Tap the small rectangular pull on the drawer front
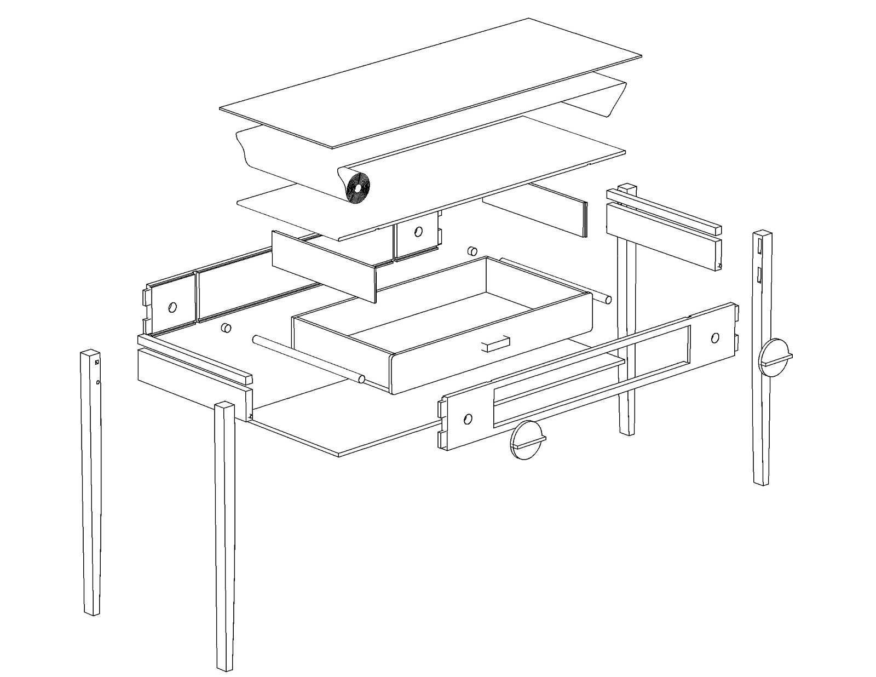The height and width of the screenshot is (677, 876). [x=495, y=343]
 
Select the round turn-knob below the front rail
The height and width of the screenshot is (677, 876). [x=526, y=439]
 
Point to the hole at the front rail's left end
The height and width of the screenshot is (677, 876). [x=468, y=419]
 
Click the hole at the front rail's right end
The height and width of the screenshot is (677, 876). [x=715, y=337]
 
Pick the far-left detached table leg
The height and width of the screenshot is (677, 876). [x=91, y=482]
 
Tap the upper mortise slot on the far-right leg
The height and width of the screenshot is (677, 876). [x=760, y=245]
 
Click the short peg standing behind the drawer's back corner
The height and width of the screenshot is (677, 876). [x=470, y=251]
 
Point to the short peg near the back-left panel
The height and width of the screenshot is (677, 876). [x=225, y=328]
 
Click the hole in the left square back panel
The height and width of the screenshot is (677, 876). [x=172, y=307]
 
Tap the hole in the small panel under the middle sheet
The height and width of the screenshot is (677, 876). [x=418, y=232]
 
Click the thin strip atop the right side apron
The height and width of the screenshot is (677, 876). [x=665, y=211]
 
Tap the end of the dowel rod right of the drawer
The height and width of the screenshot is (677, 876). [x=608, y=299]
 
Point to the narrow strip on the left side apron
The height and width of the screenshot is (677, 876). [x=194, y=359]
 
